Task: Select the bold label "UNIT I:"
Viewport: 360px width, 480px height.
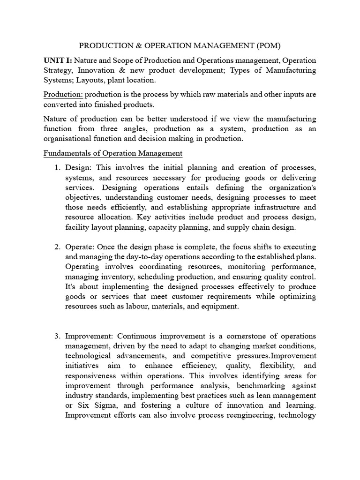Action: pos(57,60)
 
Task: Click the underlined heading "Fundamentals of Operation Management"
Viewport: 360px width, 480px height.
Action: pos(112,153)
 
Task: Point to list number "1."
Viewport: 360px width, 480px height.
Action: pos(58,168)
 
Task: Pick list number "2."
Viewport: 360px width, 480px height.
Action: pos(58,247)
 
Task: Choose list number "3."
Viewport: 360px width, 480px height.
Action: pos(58,337)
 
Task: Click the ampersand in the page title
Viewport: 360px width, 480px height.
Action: pos(124,45)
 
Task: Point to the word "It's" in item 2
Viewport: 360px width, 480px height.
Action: pos(71,286)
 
